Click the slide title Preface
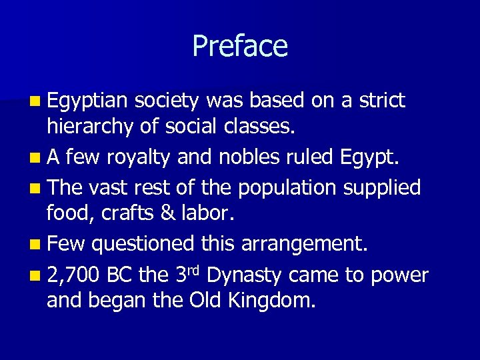(x=240, y=46)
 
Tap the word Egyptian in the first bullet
(x=87, y=101)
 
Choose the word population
(x=288, y=189)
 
